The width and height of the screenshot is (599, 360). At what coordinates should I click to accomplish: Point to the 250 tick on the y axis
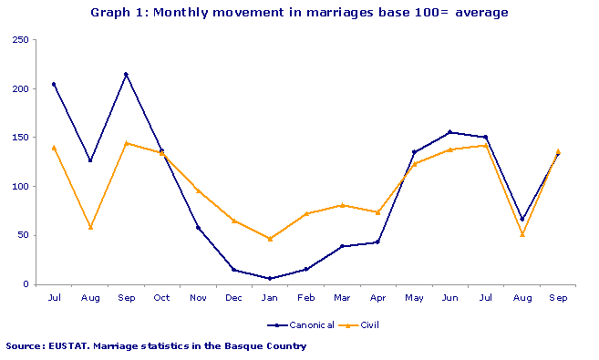[x=19, y=40]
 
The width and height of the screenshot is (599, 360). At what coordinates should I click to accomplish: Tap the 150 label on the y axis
[x=19, y=138]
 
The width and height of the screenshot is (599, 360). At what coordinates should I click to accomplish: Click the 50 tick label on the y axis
[x=22, y=235]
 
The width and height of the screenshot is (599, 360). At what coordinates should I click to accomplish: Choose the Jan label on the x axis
[x=270, y=298]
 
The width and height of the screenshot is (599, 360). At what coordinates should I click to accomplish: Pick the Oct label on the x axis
[x=161, y=298]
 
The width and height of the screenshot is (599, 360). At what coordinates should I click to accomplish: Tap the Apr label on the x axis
[x=377, y=298]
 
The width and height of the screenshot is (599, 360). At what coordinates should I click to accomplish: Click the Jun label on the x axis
[x=449, y=298]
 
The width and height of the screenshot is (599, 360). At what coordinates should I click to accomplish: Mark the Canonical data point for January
[x=270, y=278]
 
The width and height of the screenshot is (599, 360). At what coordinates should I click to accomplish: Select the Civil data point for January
[x=270, y=239]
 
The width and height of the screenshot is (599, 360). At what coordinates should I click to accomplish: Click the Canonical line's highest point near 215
[x=126, y=74]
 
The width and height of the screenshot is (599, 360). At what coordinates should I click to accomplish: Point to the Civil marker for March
[x=342, y=205]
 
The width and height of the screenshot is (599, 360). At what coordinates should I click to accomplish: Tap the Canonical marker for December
[x=233, y=270]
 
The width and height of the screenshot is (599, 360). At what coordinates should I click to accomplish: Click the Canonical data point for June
[x=449, y=132]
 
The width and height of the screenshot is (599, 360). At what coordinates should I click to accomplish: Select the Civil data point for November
[x=198, y=190]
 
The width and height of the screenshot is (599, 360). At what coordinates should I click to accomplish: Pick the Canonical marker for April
[x=377, y=242]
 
